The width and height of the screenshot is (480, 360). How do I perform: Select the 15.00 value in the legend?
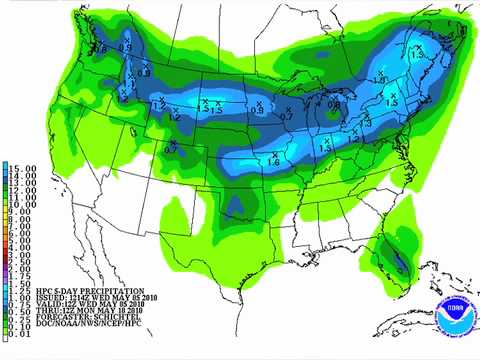click(x=22, y=167)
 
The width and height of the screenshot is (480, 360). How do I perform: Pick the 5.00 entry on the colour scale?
click(x=22, y=241)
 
